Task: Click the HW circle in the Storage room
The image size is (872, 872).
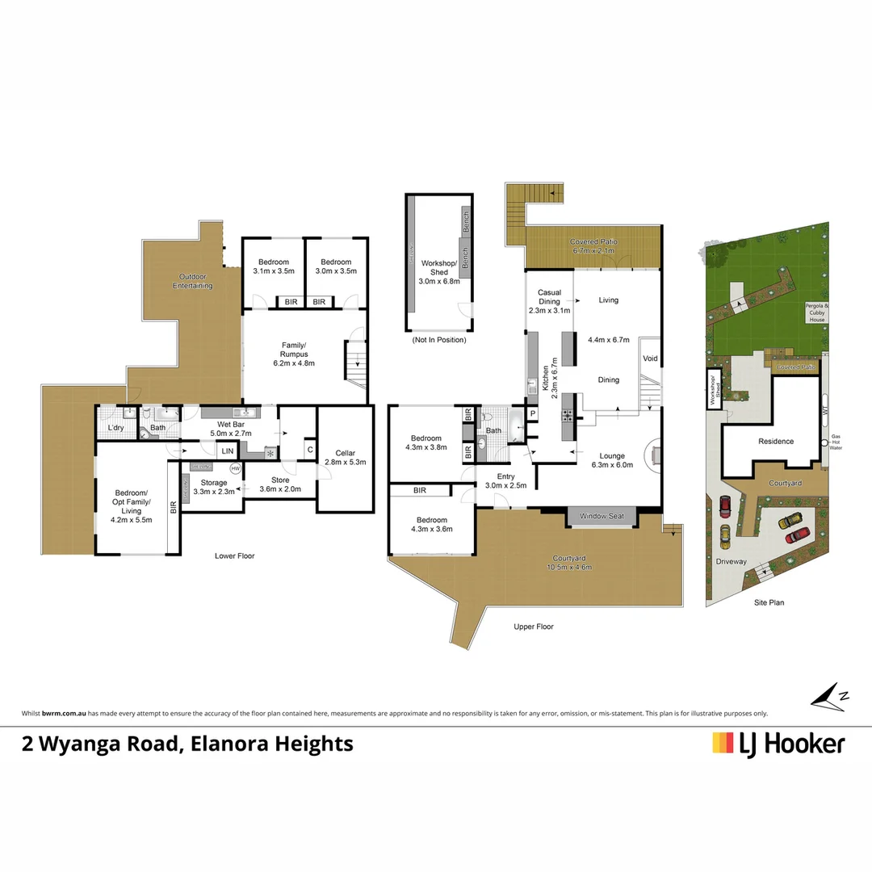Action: (x=235, y=468)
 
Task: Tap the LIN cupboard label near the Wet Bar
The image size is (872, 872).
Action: (x=228, y=451)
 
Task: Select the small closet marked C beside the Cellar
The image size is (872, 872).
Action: (x=309, y=451)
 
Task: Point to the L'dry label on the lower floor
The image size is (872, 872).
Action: (x=116, y=428)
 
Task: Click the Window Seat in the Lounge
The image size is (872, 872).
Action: (x=602, y=515)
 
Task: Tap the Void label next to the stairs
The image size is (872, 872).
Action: (x=650, y=358)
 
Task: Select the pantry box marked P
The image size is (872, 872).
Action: (x=532, y=415)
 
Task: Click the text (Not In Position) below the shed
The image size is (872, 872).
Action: (x=439, y=340)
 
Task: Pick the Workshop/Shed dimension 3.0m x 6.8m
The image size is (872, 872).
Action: (x=439, y=282)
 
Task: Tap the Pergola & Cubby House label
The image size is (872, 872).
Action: (x=815, y=313)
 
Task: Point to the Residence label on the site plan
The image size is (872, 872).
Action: (x=776, y=442)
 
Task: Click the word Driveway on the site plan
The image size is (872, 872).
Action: (x=731, y=561)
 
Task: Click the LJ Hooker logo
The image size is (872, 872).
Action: (x=778, y=743)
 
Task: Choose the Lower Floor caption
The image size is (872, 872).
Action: (x=235, y=555)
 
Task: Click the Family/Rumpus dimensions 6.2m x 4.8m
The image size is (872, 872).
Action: (x=292, y=363)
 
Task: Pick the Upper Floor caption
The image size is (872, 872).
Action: (x=534, y=627)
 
